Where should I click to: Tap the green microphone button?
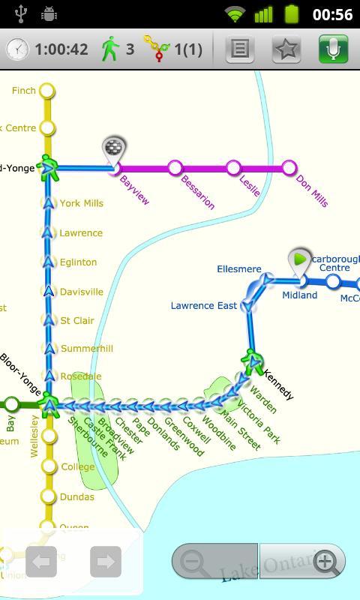coord(333,49)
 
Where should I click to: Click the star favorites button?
coord(286,49)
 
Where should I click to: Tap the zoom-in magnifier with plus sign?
coord(325,562)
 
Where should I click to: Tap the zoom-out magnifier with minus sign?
coord(194,562)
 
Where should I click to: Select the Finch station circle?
coord(47,91)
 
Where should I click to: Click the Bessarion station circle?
coord(175,168)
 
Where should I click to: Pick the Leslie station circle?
coord(233,167)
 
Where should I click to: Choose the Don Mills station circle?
coord(289,167)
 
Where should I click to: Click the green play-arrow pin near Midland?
coord(300,260)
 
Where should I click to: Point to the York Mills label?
coord(82,203)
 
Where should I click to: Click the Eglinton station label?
coord(79,262)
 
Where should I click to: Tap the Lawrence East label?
coord(203,306)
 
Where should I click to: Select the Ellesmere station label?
coord(238,269)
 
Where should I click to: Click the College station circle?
coord(49,466)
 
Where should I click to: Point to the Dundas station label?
coord(77,497)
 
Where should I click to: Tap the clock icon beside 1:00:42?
coord(17,49)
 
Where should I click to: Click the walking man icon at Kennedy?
coord(252,361)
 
